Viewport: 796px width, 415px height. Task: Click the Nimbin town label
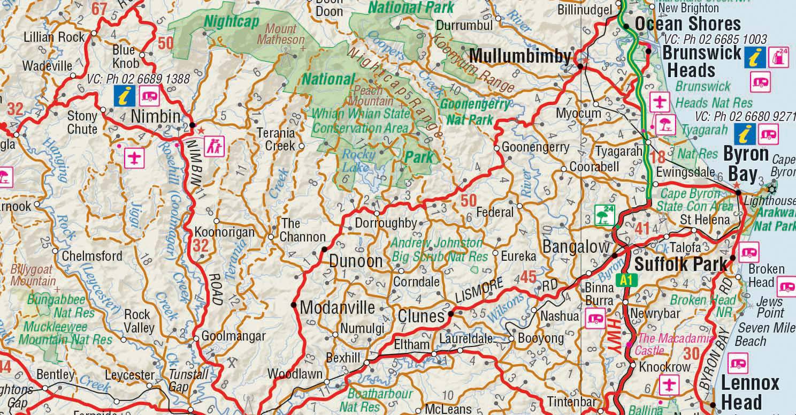click(156, 116)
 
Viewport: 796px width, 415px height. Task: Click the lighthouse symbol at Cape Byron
click(771, 188)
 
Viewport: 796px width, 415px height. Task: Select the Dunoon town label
click(356, 261)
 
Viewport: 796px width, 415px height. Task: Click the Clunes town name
click(421, 316)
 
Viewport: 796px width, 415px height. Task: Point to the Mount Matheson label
click(281, 34)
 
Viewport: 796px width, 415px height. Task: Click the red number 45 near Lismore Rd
click(528, 277)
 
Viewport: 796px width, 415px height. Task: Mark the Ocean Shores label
click(687, 24)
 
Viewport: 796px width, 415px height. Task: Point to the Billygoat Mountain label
click(33, 274)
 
